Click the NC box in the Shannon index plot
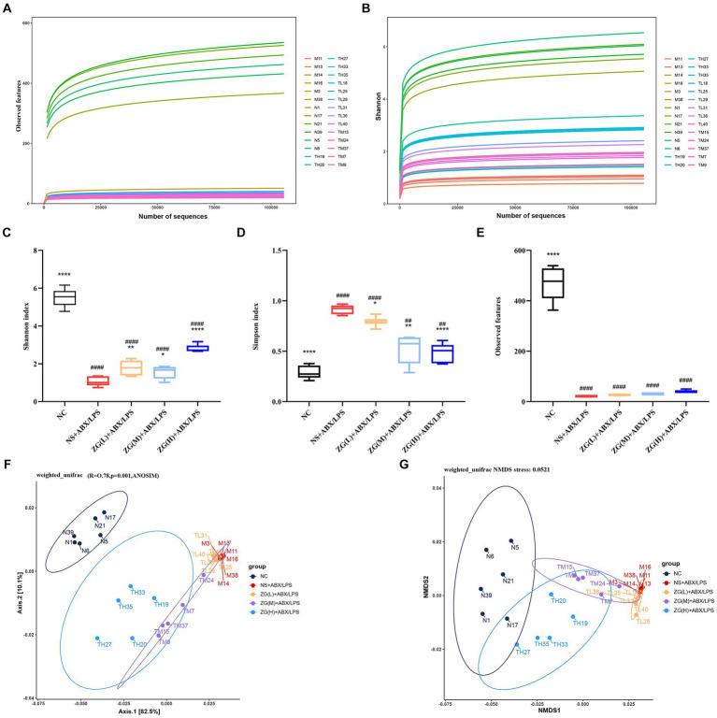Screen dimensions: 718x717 pyautogui.click(x=65, y=297)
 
